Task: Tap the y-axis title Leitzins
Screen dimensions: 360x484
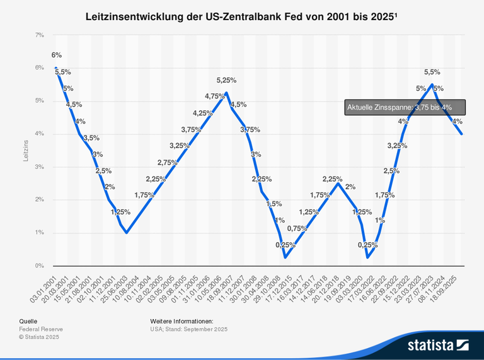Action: [26, 150]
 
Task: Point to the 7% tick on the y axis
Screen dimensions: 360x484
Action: [39, 35]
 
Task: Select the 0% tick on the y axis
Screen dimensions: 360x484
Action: [39, 265]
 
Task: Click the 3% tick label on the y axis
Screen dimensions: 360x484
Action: [39, 167]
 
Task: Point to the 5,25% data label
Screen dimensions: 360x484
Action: [226, 80]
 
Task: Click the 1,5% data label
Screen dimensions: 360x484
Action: [273, 204]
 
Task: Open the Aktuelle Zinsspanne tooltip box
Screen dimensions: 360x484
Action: [405, 108]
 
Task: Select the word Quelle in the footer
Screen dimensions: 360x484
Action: [28, 321]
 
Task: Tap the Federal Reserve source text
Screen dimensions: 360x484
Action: [41, 329]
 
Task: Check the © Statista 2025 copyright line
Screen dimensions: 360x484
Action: [38, 337]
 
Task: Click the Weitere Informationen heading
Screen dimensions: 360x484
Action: [181, 321]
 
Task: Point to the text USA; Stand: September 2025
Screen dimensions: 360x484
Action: [188, 329]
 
